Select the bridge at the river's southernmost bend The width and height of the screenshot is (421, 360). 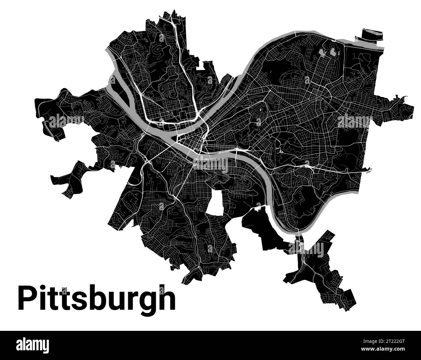tap(298, 231)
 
